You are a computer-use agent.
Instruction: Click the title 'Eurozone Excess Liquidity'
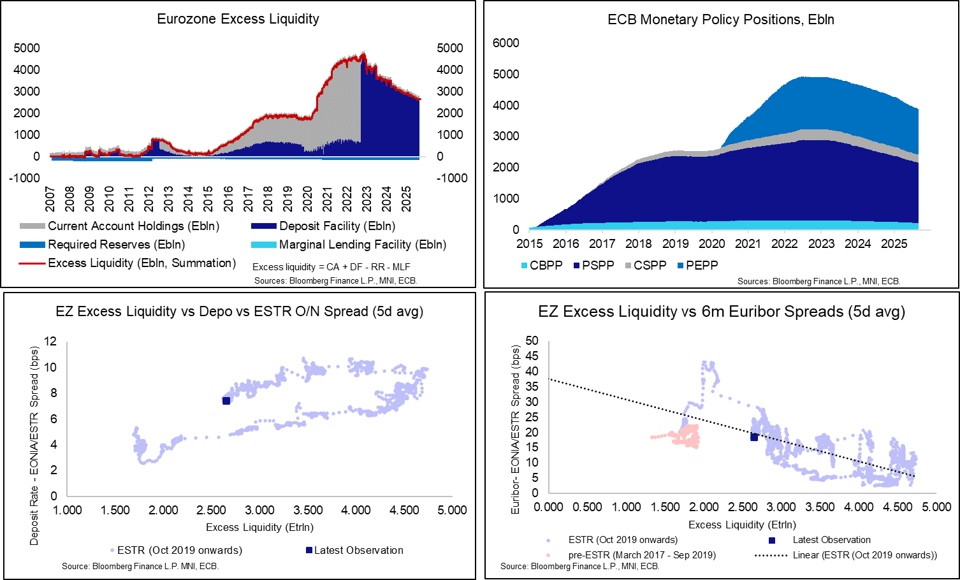pos(238,19)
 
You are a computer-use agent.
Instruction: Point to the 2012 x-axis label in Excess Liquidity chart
pos(148,199)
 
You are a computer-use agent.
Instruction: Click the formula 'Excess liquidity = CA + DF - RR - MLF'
pos(331,267)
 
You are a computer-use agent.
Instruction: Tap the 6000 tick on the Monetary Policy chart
pos(506,43)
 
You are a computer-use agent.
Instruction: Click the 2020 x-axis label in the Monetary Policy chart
pos(711,243)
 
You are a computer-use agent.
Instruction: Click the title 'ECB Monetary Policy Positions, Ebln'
pos(721,20)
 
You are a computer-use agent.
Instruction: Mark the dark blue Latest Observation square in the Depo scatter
pos(226,400)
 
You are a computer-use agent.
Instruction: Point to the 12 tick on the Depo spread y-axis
pos(50,342)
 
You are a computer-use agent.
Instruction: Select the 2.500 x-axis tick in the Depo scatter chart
pos(211,511)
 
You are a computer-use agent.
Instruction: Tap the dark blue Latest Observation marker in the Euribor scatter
pos(754,437)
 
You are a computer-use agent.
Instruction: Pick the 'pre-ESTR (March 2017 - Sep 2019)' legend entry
pos(641,555)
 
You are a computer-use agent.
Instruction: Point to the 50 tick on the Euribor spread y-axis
pos(532,341)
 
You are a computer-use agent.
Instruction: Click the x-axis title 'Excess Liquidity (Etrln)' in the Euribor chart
pos(742,525)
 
